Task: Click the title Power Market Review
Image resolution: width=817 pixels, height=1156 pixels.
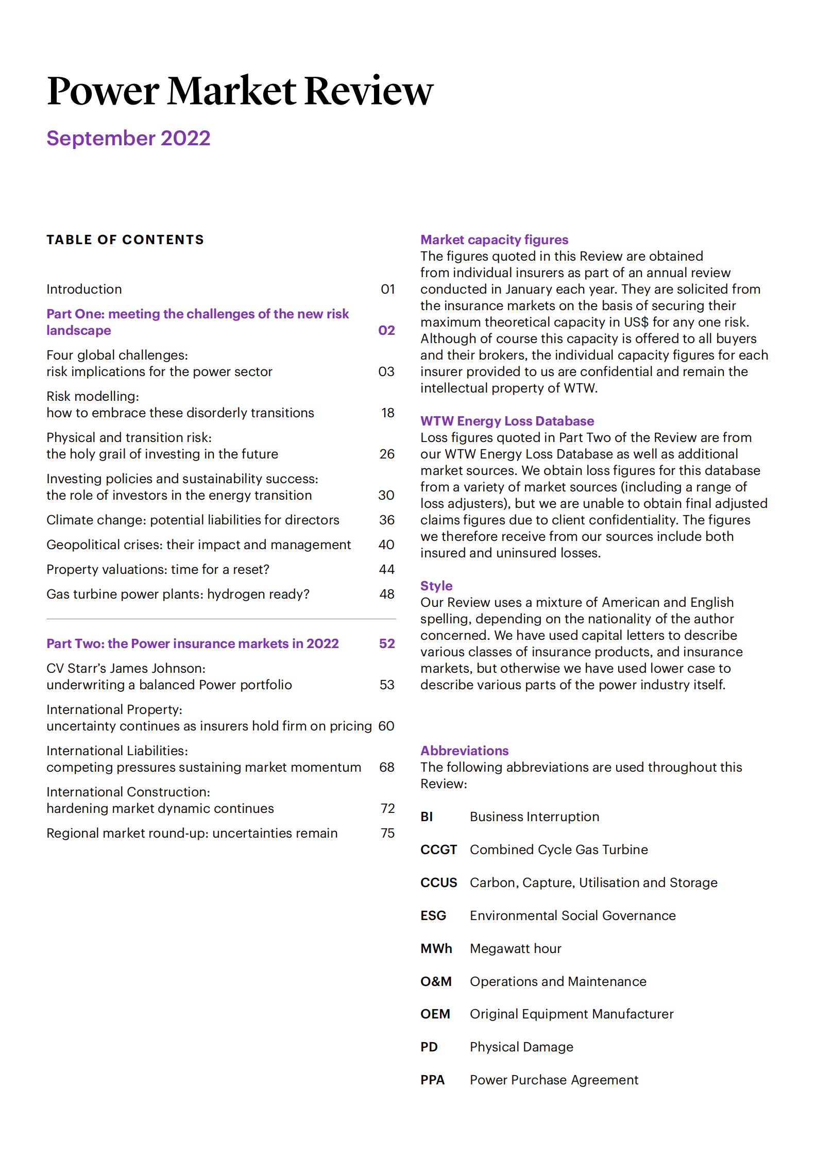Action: click(240, 91)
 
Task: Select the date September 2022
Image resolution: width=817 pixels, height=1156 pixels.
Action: click(128, 138)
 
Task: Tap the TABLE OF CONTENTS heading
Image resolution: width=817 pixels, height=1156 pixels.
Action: click(125, 240)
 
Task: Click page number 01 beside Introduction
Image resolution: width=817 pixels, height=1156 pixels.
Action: click(387, 289)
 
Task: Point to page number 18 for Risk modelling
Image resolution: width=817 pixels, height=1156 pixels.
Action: click(387, 413)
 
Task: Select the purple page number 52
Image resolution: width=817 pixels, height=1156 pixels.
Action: click(387, 643)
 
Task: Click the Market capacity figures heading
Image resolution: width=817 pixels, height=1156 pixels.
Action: click(494, 240)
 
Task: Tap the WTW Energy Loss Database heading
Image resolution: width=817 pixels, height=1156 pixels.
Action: click(507, 421)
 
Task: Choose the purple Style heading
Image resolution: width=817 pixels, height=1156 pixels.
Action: click(436, 586)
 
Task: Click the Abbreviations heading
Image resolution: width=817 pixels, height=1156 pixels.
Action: click(464, 751)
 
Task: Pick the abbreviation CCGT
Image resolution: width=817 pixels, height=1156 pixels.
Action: click(438, 849)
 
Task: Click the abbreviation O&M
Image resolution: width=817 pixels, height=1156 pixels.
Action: click(436, 981)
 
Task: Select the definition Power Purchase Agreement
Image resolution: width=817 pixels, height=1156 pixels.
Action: click(554, 1080)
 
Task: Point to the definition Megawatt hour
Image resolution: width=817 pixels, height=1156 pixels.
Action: click(515, 948)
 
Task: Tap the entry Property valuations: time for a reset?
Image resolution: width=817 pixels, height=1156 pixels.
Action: click(158, 569)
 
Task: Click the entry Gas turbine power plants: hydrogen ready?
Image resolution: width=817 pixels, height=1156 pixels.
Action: click(178, 594)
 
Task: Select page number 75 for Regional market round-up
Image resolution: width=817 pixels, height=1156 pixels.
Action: click(387, 833)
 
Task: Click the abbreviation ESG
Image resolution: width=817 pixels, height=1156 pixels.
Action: click(433, 915)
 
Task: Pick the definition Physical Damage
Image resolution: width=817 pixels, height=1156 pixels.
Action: click(521, 1047)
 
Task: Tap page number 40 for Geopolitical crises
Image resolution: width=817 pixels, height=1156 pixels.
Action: click(386, 545)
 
